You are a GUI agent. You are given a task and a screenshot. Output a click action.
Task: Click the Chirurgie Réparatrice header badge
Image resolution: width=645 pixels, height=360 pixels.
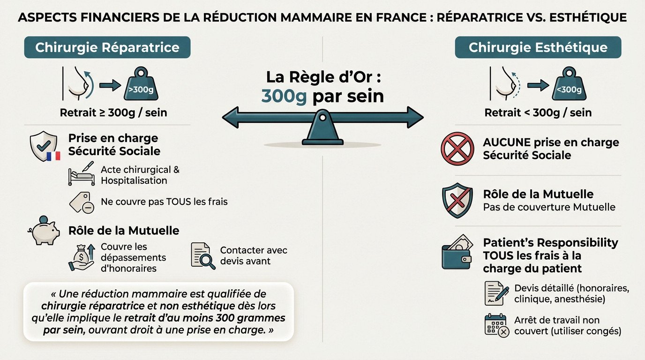107,47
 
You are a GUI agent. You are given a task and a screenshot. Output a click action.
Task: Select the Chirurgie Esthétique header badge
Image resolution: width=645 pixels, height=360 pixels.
538,47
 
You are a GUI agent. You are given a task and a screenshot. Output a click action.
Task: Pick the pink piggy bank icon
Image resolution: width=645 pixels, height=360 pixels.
45,231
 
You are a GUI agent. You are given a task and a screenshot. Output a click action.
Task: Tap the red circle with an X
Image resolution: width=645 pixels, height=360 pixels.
457,149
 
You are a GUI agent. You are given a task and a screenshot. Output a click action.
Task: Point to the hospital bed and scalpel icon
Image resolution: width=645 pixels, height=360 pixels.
81,173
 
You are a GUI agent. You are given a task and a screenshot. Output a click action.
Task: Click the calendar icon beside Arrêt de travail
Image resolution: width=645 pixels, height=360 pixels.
496,325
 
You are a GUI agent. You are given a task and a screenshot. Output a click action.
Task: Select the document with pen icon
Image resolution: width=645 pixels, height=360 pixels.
496,293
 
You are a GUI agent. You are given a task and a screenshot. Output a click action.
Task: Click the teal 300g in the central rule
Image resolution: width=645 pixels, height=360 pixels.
284,96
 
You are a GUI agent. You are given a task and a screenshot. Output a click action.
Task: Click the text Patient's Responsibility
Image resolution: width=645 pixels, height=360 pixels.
550,243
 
